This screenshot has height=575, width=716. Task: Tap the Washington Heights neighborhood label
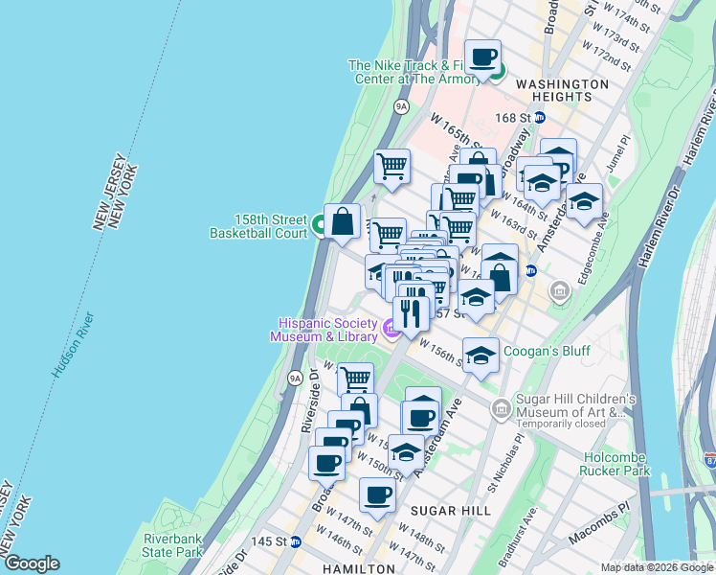tap(561, 90)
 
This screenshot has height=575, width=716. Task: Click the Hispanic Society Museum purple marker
tap(391, 331)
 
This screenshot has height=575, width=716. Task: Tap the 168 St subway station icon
tap(539, 118)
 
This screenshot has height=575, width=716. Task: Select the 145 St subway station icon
tap(296, 541)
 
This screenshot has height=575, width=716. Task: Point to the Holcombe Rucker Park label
tap(612, 463)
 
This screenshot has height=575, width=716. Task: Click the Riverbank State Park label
tap(172, 544)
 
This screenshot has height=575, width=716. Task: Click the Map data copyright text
tap(657, 567)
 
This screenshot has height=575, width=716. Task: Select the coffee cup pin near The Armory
tap(483, 57)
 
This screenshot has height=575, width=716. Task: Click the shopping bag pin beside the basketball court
tap(342, 222)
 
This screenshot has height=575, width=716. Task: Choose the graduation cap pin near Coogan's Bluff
tap(481, 355)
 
